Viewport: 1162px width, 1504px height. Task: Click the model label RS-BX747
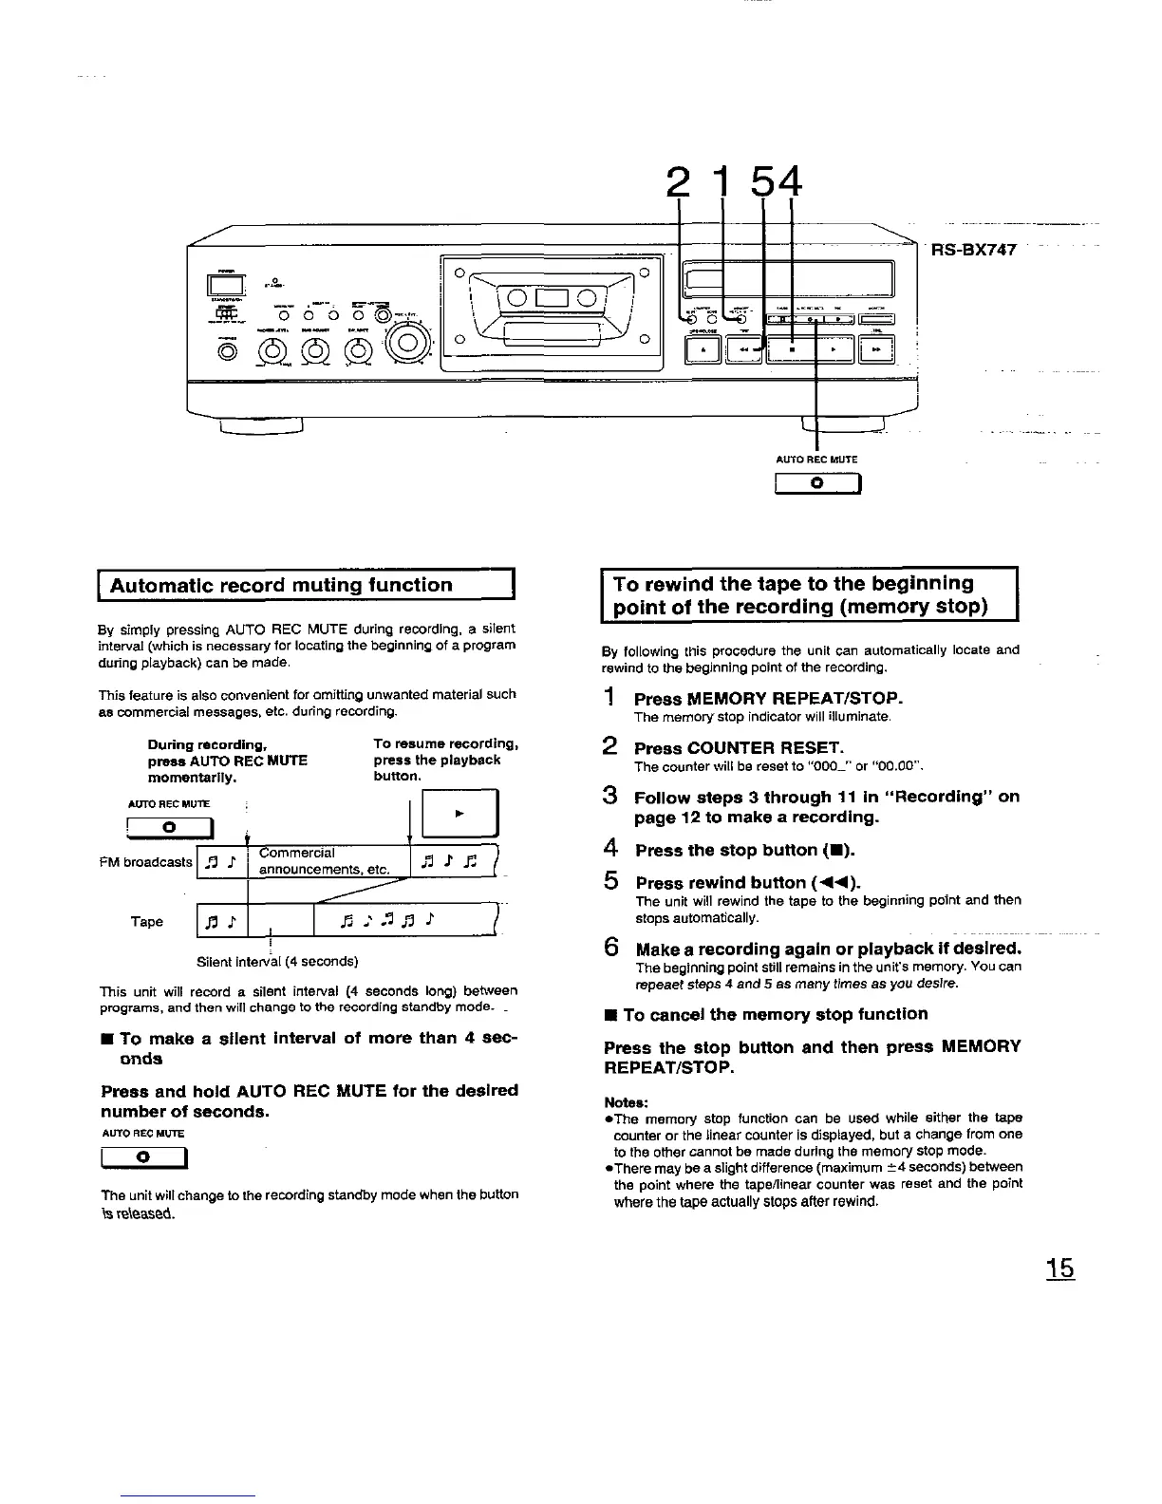click(975, 251)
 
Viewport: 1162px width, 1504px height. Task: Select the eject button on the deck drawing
click(703, 351)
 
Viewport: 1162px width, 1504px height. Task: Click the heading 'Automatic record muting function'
click(281, 585)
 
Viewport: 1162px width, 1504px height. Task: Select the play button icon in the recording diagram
click(459, 814)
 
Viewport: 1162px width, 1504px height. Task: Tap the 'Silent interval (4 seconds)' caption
click(277, 961)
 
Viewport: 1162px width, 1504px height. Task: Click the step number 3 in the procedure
click(612, 796)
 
